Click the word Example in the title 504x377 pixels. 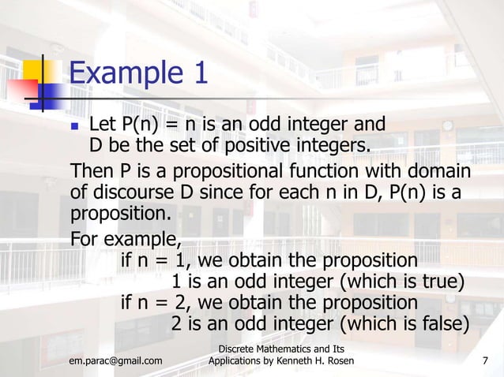pyautogui.click(x=125, y=75)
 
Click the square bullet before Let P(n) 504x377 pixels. pyautogui.click(x=76, y=125)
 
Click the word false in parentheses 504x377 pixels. pyautogui.click(x=439, y=324)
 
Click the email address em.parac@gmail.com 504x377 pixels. pyautogui.click(x=115, y=361)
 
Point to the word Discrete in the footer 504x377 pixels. pyautogui.click(x=239, y=349)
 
